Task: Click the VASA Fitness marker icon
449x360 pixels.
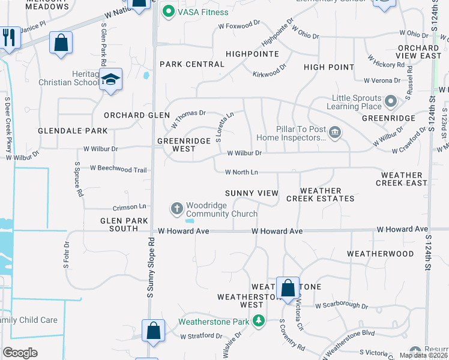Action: (169, 12)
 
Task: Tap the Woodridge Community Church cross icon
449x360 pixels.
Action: (177, 209)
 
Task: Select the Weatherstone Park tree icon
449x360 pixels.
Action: (259, 321)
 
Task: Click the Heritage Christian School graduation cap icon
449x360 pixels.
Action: (110, 79)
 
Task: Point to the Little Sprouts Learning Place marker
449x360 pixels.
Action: (391, 101)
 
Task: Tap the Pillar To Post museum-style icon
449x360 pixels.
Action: (335, 132)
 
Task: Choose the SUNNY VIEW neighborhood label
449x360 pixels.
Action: (252, 193)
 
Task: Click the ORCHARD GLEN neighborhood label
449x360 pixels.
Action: (133, 115)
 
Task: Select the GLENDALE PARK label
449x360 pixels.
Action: (73, 131)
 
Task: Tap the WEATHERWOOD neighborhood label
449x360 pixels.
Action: (381, 254)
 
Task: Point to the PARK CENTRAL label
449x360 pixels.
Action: (183, 64)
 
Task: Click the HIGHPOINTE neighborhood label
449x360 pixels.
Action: (252, 54)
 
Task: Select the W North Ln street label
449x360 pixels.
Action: (241, 173)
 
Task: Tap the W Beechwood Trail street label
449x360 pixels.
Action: (119, 170)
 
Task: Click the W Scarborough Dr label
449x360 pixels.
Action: (341, 305)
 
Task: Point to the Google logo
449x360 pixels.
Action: (20, 352)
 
